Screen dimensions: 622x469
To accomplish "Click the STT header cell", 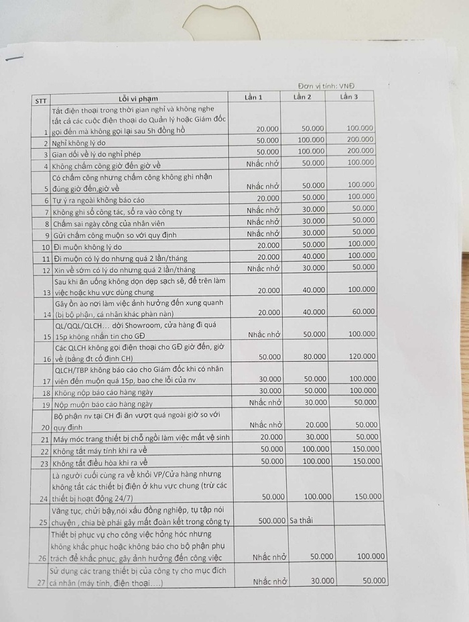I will coord(41,101).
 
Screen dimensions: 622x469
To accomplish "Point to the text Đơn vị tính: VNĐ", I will coord(326,86).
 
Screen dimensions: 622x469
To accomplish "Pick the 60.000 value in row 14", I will coord(363,312).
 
